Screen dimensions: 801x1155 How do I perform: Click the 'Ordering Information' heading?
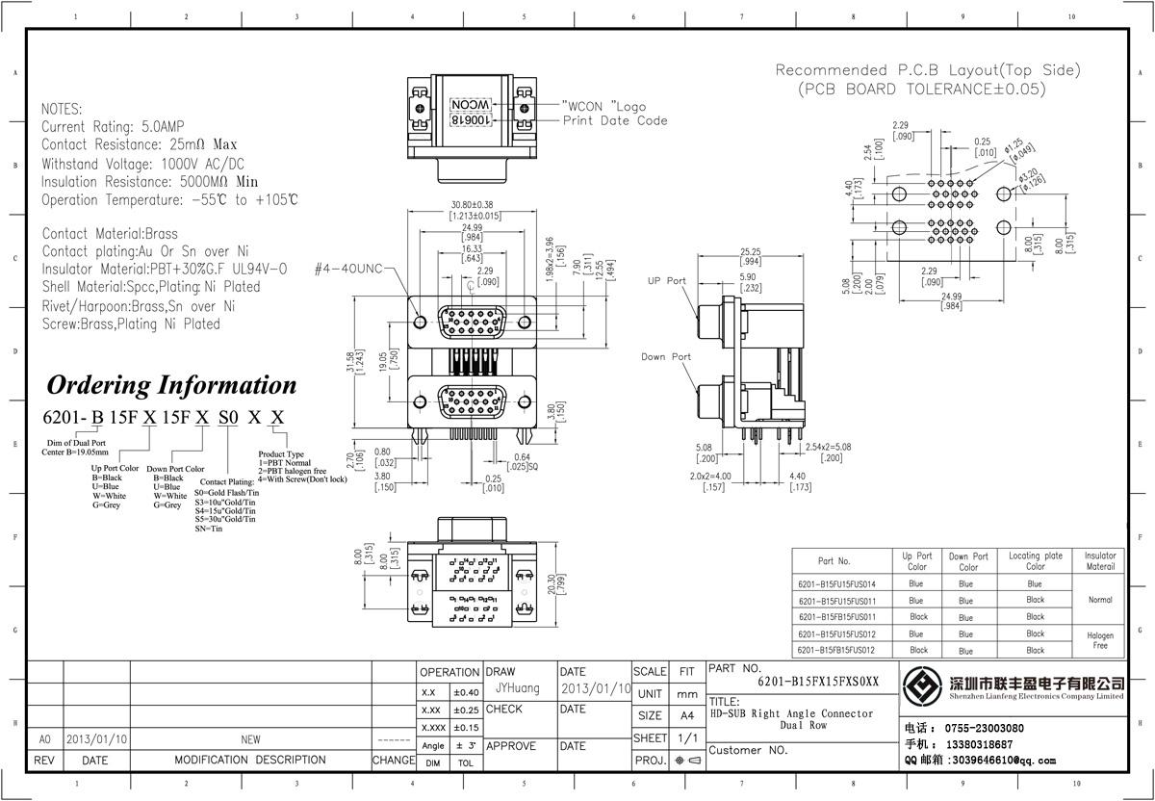click(172, 385)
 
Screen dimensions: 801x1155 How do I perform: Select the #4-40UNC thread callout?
click(347, 270)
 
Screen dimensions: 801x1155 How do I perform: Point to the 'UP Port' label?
click(666, 281)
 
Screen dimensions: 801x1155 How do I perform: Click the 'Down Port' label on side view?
click(666, 357)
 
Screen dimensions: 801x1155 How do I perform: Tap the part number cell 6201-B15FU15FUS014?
click(836, 583)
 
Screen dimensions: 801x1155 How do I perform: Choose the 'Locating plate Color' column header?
click(1036, 561)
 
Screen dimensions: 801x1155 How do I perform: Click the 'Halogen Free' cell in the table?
click(1100, 640)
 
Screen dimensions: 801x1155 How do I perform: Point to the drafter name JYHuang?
click(518, 688)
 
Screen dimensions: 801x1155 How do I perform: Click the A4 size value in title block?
click(687, 715)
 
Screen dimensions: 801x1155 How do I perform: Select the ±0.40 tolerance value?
click(466, 692)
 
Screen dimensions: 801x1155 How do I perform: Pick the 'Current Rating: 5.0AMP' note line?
click(113, 127)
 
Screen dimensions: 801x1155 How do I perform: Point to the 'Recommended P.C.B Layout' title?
click(928, 70)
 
